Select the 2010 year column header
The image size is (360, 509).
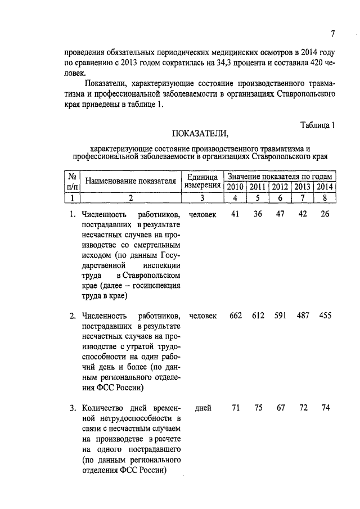point(235,187)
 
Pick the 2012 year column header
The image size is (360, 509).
point(280,187)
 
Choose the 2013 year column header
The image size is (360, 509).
point(303,187)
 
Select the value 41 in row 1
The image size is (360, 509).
point(236,214)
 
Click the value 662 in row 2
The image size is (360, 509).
point(236,316)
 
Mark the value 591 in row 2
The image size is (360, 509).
point(280,316)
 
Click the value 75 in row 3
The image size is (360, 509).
point(258,408)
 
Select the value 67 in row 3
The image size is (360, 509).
point(280,408)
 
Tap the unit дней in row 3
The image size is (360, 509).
point(202,408)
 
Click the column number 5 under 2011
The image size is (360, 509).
point(258,197)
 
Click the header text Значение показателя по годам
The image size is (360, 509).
point(280,176)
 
